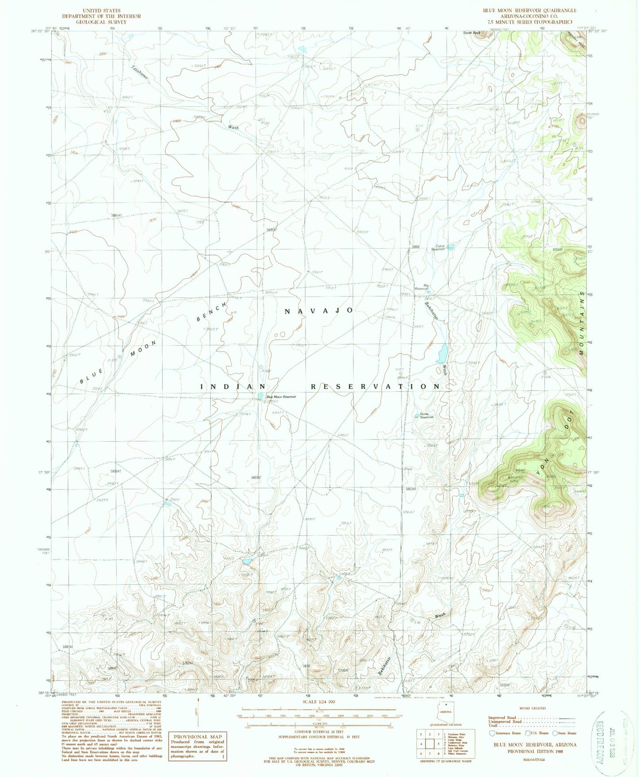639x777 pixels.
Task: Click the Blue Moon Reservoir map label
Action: click(281, 397)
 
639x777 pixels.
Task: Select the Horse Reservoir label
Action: click(427, 416)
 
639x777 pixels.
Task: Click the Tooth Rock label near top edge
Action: click(471, 33)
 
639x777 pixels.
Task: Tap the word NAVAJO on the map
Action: click(318, 311)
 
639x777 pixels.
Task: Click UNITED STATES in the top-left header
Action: click(101, 10)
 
